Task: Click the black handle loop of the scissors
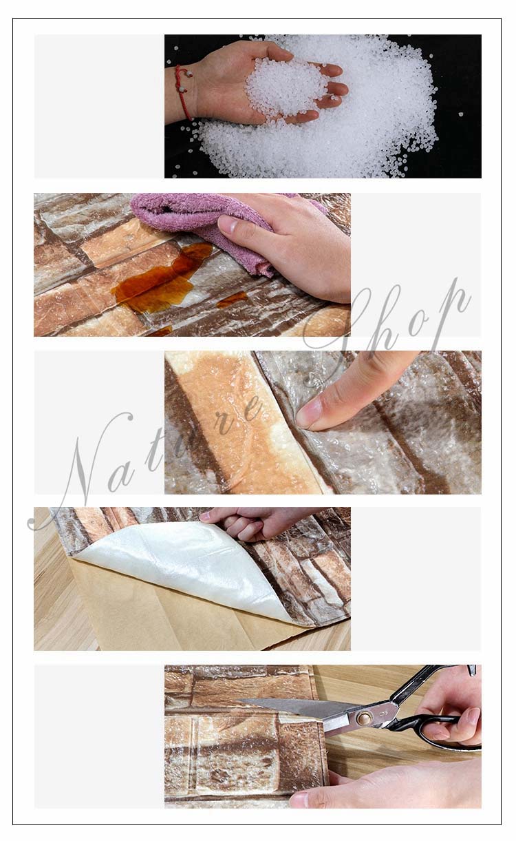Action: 450,733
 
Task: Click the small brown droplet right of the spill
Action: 231,299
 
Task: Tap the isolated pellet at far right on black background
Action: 461,114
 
